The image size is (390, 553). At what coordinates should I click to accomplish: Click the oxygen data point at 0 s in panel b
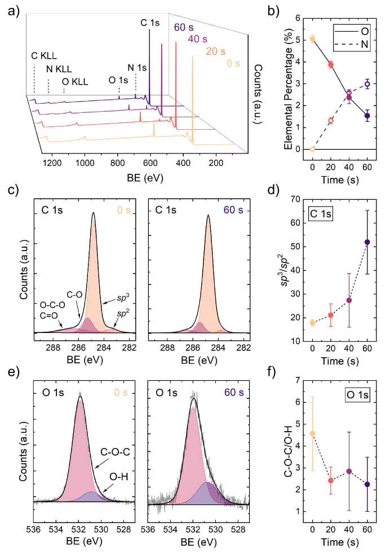(x=312, y=39)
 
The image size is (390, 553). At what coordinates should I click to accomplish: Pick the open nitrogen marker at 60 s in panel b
(x=367, y=84)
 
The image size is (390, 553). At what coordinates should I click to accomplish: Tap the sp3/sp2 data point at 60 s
(x=367, y=242)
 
